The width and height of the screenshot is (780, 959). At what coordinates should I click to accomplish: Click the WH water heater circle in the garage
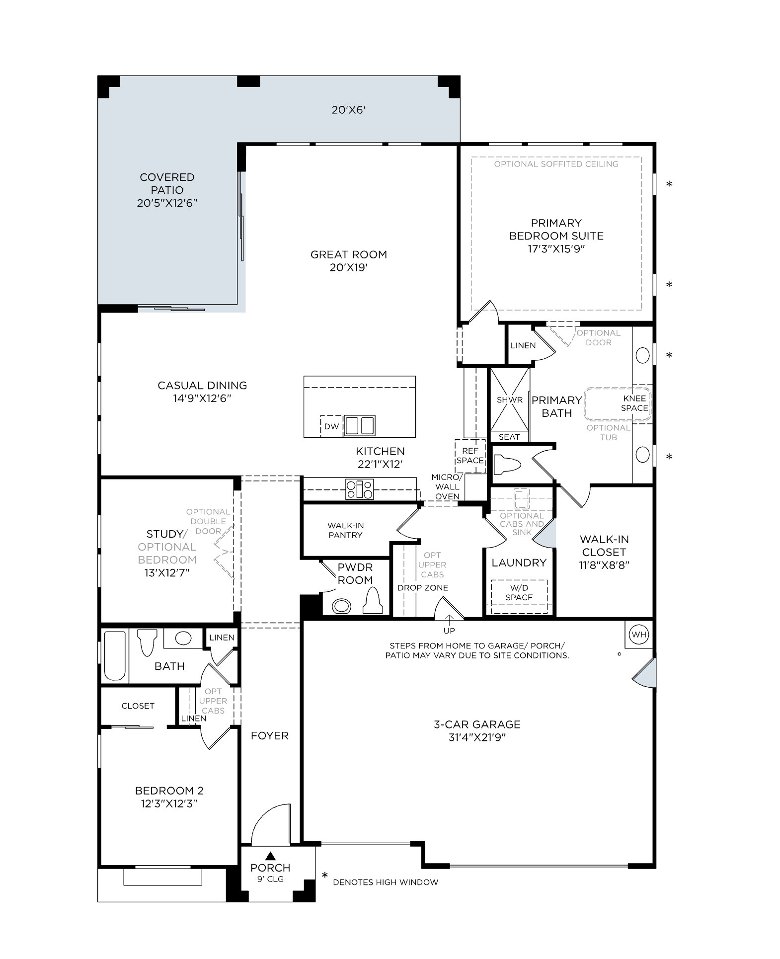[639, 635]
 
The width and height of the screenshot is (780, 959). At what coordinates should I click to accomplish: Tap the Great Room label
[349, 254]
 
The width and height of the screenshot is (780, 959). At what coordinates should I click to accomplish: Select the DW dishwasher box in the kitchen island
[331, 426]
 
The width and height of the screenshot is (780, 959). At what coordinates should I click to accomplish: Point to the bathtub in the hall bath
[115, 655]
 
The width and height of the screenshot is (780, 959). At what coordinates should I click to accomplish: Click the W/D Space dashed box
[519, 596]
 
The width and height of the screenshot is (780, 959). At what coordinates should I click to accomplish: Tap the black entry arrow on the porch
[270, 856]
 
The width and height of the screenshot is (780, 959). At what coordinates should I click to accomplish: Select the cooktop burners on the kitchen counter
[360, 489]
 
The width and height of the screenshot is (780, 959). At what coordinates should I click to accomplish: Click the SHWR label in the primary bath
[510, 400]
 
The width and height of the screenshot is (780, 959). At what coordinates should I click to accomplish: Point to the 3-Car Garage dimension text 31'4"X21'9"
[477, 737]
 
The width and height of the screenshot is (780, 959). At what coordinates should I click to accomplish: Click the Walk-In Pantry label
[345, 530]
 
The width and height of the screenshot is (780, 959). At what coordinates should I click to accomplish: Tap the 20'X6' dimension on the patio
[349, 110]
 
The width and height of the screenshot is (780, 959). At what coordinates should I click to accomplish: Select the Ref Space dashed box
[470, 456]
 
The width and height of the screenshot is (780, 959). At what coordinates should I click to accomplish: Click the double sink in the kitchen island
[360, 426]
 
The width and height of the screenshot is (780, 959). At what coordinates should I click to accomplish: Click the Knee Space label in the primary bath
[634, 403]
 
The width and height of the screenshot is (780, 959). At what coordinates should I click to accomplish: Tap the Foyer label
[270, 736]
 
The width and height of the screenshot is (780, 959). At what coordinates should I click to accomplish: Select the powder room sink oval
[341, 606]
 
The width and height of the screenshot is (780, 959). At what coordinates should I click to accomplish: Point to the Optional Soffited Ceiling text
[556, 164]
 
